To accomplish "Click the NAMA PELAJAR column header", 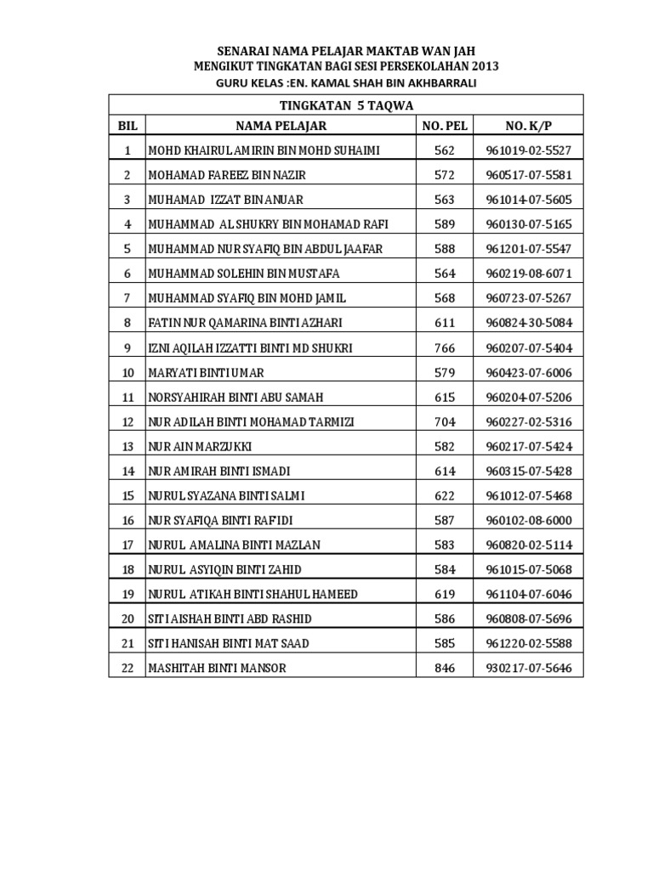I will (281, 126).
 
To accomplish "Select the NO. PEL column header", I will (445, 126).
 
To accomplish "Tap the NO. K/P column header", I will (529, 126).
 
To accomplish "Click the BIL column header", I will (128, 126).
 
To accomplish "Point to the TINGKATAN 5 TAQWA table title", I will (345, 105).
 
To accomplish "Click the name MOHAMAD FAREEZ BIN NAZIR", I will (227, 175).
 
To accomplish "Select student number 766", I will (445, 347).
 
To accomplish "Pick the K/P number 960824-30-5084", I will (529, 323).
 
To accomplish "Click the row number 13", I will (128, 446).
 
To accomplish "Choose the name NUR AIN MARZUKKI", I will (200, 446).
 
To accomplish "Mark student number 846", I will (445, 668).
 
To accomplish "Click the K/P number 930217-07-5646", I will (529, 668).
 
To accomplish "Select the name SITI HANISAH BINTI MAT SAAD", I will (229, 643).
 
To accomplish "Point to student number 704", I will (445, 421).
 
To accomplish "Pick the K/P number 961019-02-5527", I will (529, 150).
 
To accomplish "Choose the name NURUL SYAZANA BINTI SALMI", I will (227, 495).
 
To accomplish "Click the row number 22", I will (128, 668).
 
